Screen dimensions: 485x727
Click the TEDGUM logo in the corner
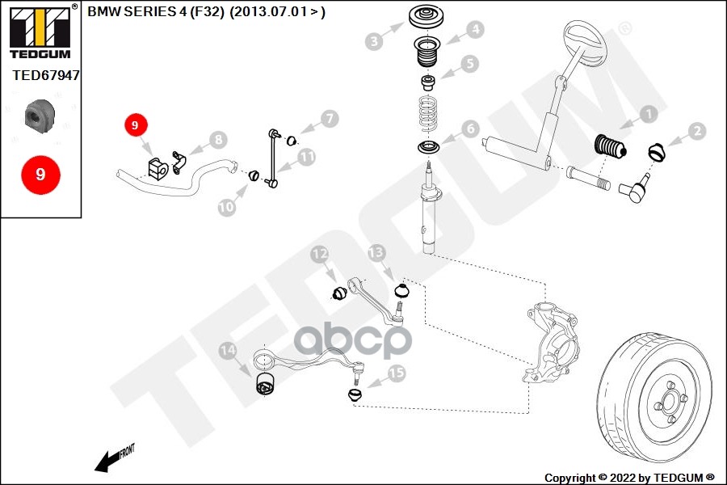pyautogui.click(x=40, y=32)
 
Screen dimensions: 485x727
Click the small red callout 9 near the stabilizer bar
pyautogui.click(x=135, y=125)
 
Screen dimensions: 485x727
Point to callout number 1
pyautogui.click(x=648, y=115)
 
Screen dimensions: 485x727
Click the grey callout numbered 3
pyautogui.click(x=373, y=41)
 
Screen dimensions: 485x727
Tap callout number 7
pyautogui.click(x=328, y=119)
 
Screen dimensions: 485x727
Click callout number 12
pyautogui.click(x=320, y=255)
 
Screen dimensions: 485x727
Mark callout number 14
pyautogui.click(x=229, y=351)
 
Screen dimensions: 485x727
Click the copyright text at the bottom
pyautogui.click(x=628, y=477)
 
